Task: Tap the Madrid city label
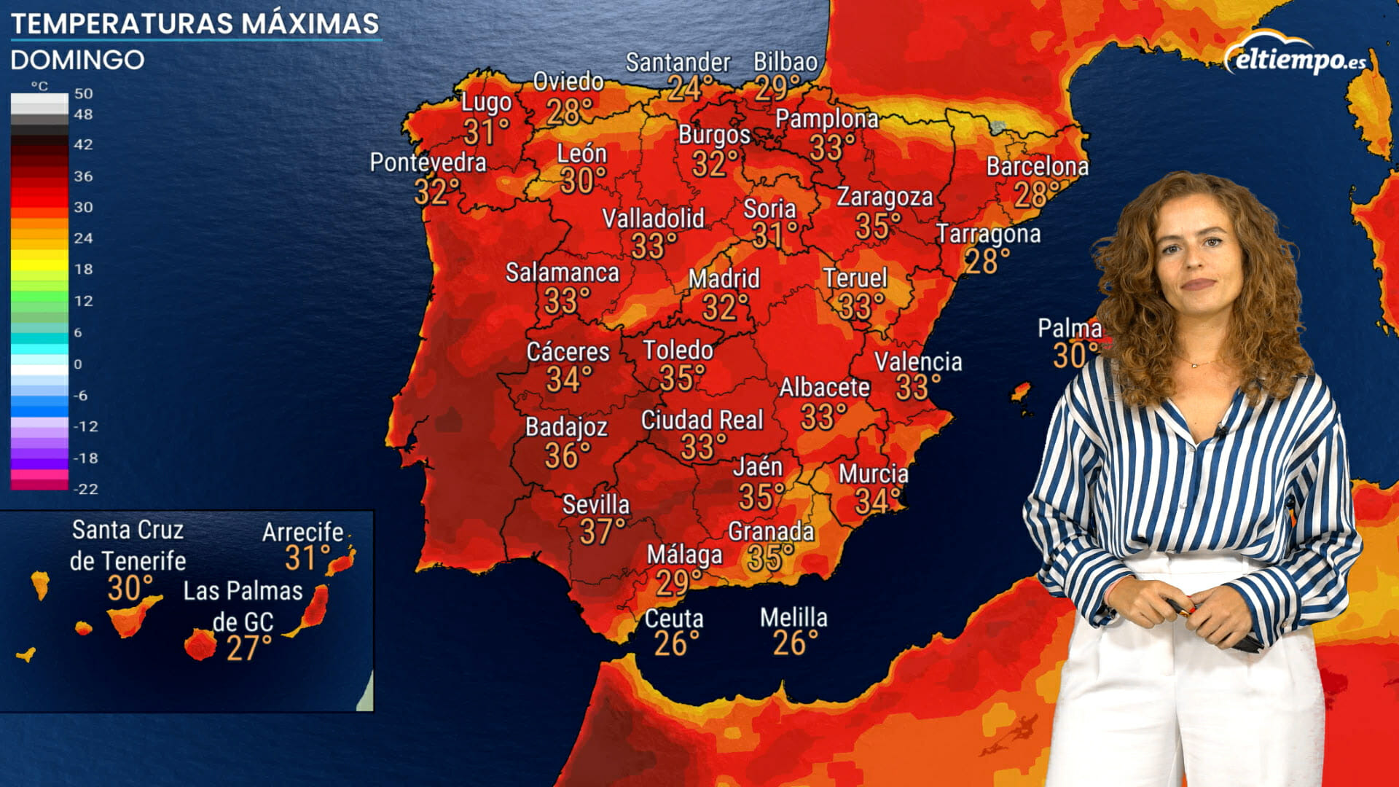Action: click(724, 278)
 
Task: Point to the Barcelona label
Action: click(1037, 167)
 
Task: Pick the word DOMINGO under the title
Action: click(77, 60)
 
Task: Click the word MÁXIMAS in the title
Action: click(310, 23)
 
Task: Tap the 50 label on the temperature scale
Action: click(84, 93)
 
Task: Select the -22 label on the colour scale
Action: click(86, 489)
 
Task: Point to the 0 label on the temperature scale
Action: click(78, 364)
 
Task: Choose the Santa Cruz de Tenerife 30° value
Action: click(130, 588)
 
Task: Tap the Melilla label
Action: click(793, 618)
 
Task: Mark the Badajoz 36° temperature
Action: click(568, 456)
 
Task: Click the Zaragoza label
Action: click(884, 197)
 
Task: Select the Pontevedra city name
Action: click(428, 163)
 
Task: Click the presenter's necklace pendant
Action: click(1193, 364)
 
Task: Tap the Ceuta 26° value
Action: click(676, 644)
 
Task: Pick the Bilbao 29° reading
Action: click(777, 89)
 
